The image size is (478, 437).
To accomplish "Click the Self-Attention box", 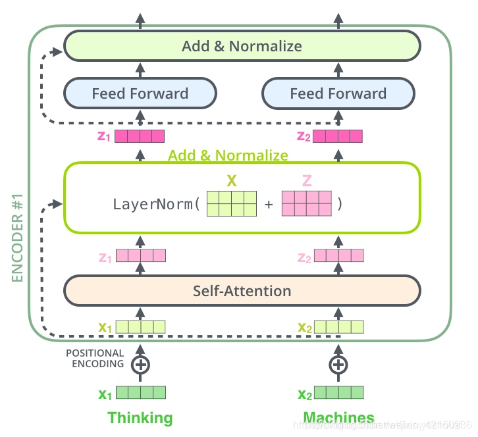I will (x=242, y=290).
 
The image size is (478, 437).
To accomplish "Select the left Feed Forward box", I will (x=140, y=93).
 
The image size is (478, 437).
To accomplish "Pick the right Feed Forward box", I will (x=338, y=93).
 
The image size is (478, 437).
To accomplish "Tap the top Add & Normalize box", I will (x=242, y=46).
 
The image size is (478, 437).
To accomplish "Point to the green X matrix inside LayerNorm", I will (x=231, y=204).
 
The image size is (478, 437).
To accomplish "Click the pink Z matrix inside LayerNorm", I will (x=306, y=204).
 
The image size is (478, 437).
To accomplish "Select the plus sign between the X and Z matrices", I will (x=269, y=205).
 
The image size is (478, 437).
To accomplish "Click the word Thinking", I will (x=140, y=418).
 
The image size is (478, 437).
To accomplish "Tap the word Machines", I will (x=338, y=418).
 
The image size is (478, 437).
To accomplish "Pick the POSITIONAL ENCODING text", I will (x=95, y=359).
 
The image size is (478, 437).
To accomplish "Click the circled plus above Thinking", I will (x=140, y=364).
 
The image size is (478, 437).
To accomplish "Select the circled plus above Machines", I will (x=338, y=364).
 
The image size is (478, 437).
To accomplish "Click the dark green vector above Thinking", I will (x=140, y=393).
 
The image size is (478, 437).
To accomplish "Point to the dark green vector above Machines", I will (x=338, y=393).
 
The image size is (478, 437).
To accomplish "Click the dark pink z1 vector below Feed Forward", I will (x=140, y=137).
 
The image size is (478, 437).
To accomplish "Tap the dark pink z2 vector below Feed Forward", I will (x=338, y=137).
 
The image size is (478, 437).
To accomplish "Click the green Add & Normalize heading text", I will (x=228, y=155).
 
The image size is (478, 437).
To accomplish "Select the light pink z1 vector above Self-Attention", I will (x=141, y=255).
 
